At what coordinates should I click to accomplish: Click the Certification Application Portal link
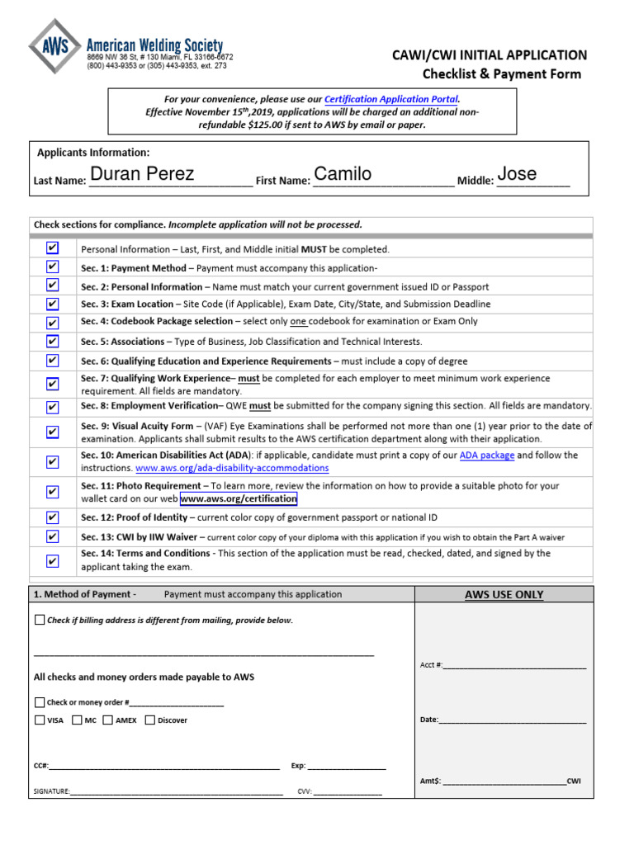pos(391,99)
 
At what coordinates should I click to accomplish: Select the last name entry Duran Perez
pos(142,174)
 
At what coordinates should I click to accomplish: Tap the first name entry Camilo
pos(343,174)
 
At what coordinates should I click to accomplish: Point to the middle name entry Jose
pos(517,174)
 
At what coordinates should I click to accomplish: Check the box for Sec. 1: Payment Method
pos(53,267)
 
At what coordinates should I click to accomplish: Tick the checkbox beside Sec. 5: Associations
pos(53,341)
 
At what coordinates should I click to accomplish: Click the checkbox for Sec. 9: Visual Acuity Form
pos(53,432)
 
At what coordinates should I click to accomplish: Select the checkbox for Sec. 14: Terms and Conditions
pos(53,561)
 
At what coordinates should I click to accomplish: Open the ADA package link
pos(487,456)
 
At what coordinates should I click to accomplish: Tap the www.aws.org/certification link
pos(239,499)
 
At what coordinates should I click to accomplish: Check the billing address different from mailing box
pos(40,620)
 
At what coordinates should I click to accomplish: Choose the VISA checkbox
pos(40,720)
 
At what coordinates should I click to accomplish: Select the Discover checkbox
pos(150,720)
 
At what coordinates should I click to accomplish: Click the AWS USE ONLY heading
pos(504,594)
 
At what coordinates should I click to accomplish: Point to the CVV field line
pos(348,792)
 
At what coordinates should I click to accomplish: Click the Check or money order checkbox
pos(40,702)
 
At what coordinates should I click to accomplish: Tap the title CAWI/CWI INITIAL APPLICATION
pos(490,55)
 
